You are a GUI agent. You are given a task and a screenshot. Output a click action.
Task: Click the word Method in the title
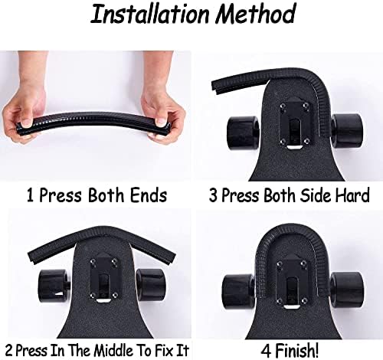[x=255, y=14]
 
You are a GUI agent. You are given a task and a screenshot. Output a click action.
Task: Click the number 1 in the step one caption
[x=30, y=196]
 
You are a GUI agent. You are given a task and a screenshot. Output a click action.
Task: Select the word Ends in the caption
[x=149, y=195]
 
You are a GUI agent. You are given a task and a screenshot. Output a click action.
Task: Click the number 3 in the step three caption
[x=214, y=196]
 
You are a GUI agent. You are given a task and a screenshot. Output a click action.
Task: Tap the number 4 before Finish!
[x=266, y=351]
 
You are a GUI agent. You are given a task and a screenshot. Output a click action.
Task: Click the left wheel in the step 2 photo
[x=54, y=286]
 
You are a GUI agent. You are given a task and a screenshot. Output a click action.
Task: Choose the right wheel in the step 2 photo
[x=151, y=285]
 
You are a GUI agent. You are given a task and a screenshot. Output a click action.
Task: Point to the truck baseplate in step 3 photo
[x=294, y=125]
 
